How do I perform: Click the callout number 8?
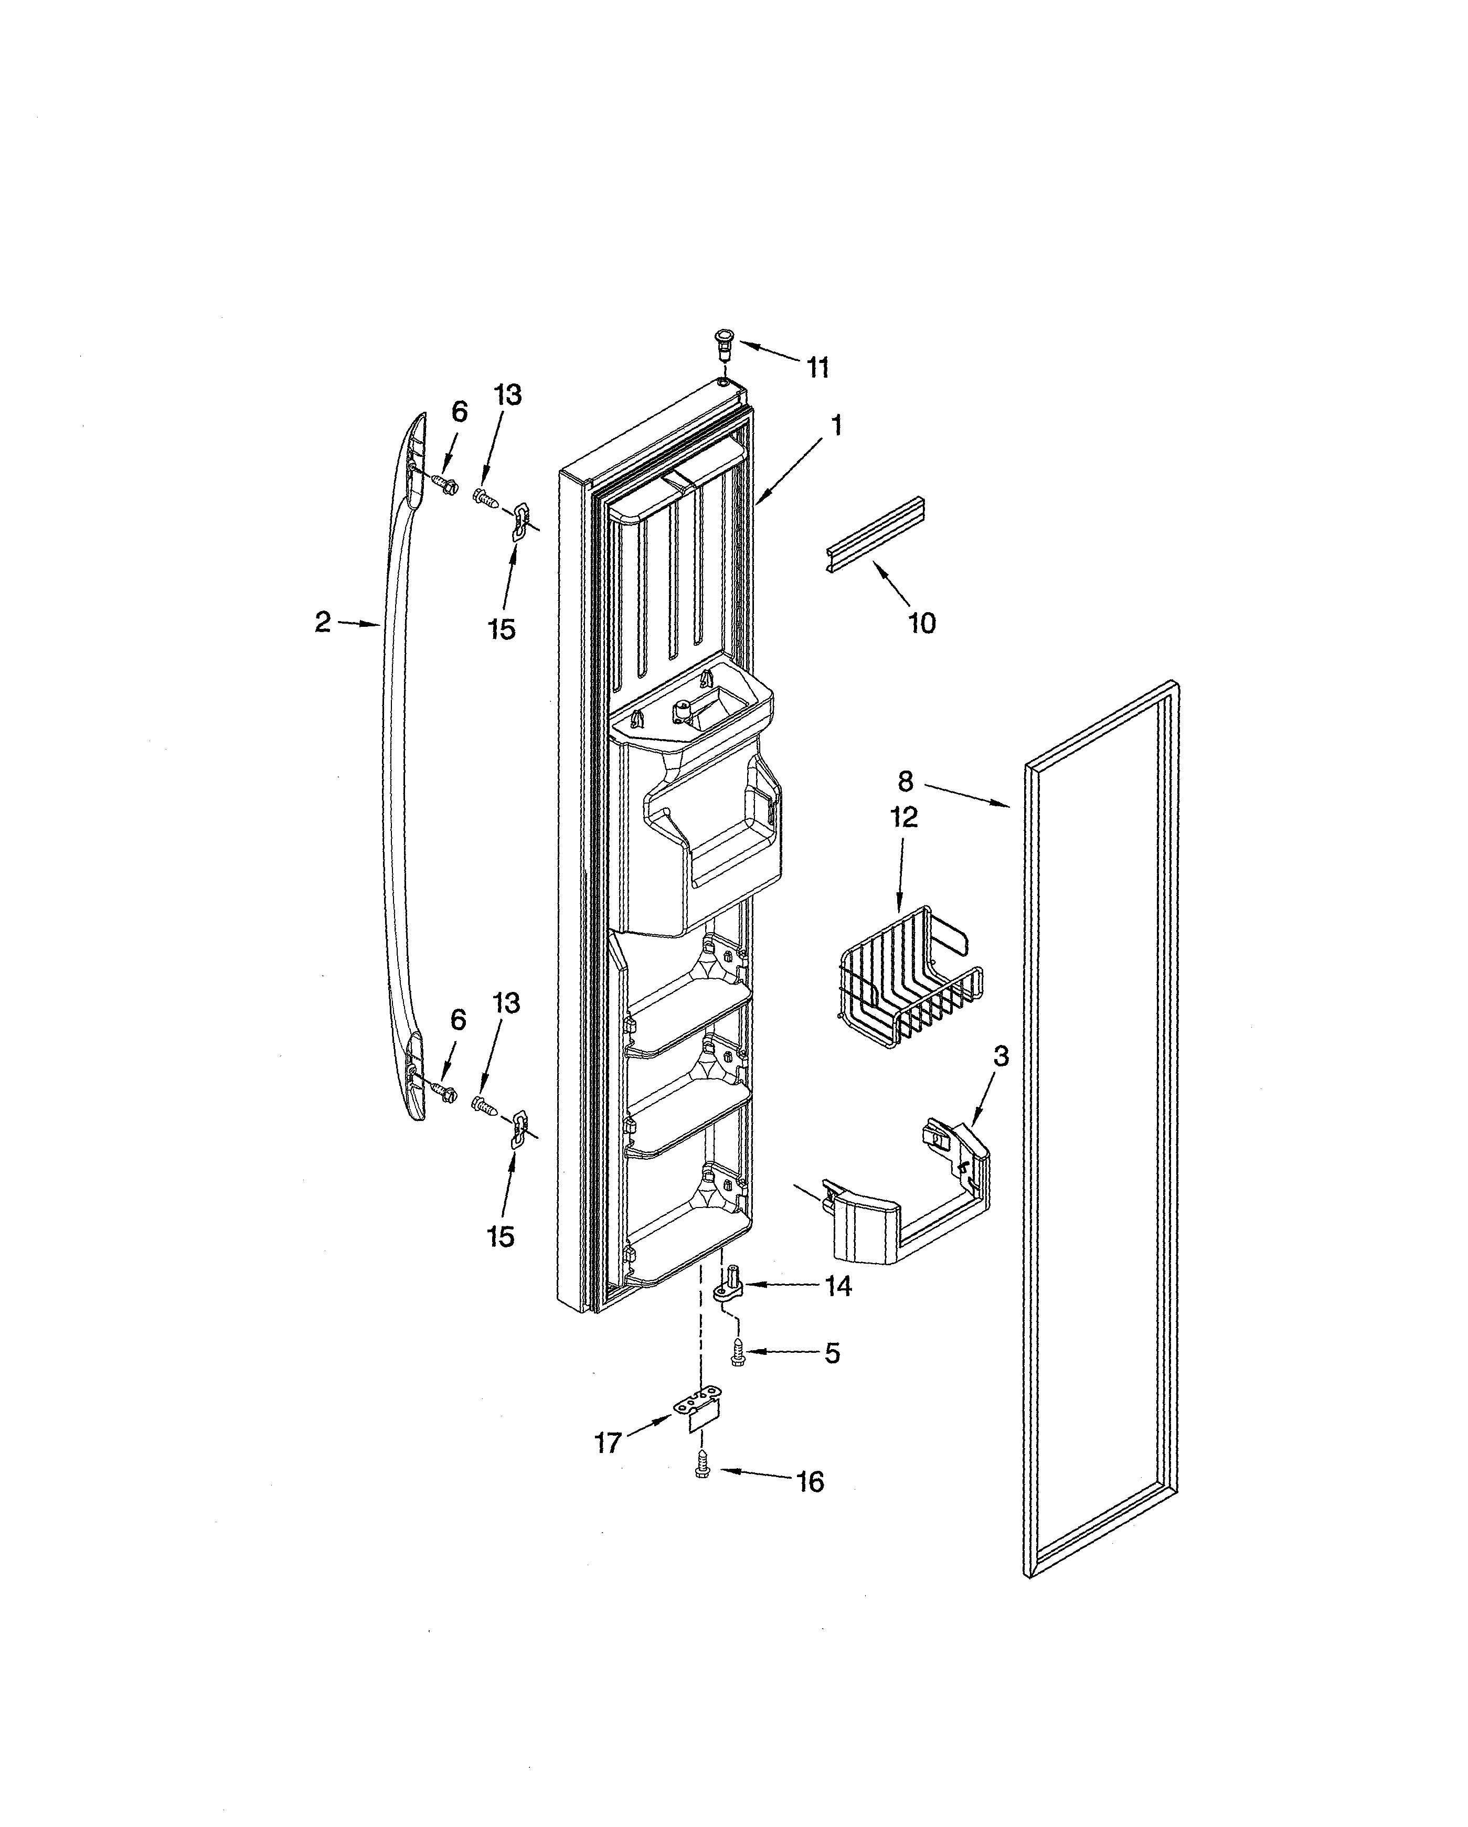[x=905, y=781]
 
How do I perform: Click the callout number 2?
[x=322, y=623]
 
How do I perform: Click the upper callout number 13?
[x=508, y=395]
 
